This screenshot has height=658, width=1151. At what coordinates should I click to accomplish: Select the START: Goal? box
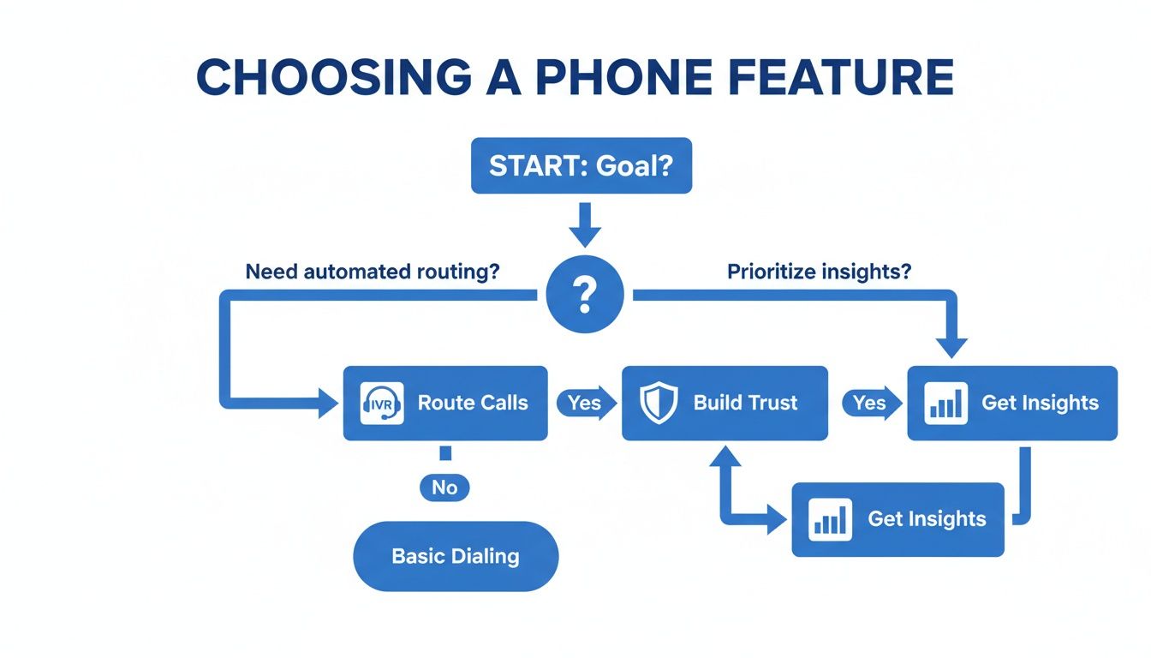coord(581,165)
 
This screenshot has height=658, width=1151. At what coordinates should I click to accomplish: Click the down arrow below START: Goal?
coord(585,227)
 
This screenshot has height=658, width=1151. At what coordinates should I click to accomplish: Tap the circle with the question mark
coord(585,295)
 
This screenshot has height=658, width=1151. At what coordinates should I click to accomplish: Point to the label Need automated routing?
coord(373,272)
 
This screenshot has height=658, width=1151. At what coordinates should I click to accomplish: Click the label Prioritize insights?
coord(819,272)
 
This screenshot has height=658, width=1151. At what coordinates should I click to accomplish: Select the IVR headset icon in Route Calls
coord(377,404)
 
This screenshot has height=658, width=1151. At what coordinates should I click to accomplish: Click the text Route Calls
coord(473,404)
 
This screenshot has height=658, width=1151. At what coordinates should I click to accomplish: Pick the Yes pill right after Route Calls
coord(585,404)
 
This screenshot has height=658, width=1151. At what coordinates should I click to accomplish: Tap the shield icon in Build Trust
coord(659,404)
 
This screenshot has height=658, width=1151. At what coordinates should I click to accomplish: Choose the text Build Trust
coord(745,404)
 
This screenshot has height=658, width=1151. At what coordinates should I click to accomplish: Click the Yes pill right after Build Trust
coord(870,404)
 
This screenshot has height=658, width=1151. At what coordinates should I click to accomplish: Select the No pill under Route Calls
coord(444,488)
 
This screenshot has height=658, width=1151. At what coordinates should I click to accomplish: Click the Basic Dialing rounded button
coord(456,556)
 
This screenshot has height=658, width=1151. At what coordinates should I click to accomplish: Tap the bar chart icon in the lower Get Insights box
coord(830,519)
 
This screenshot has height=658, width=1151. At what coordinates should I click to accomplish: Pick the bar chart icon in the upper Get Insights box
coord(946,404)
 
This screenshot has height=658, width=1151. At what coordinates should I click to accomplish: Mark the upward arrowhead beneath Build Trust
coord(724,458)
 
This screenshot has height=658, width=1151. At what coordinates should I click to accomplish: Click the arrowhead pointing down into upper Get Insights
coord(951,347)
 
